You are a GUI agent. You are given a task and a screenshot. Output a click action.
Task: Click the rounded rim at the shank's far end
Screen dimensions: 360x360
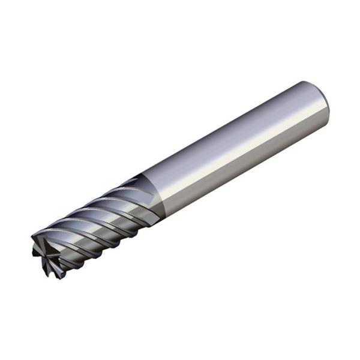[325, 102]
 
